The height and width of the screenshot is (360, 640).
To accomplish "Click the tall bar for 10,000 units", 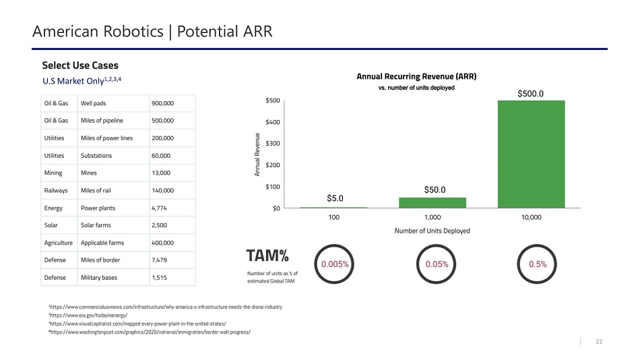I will [531, 154].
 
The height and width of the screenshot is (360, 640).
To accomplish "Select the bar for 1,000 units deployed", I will [432, 202].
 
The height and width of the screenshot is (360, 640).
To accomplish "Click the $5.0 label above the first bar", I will [335, 198].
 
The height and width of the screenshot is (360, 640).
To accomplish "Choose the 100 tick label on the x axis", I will [333, 218].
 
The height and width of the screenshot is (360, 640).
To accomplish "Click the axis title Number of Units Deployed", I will [432, 231].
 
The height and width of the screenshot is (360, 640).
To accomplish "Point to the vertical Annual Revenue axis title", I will [257, 154].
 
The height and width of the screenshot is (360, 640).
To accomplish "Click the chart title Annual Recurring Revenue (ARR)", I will [416, 76].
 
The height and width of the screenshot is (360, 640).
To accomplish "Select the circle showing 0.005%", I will [334, 264].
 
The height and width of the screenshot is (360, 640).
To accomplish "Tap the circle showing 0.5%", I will [538, 264].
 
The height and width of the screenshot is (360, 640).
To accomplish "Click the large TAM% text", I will [268, 256].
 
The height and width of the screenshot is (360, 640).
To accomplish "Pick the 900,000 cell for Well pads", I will [163, 103].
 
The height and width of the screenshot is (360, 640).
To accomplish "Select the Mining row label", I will [53, 173].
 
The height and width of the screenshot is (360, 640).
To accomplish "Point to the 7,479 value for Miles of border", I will [162, 260].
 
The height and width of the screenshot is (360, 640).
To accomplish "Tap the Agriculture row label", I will [58, 243].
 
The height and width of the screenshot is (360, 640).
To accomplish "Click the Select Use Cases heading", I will [80, 65].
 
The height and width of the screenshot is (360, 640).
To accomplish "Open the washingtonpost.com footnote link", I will [145, 334].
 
